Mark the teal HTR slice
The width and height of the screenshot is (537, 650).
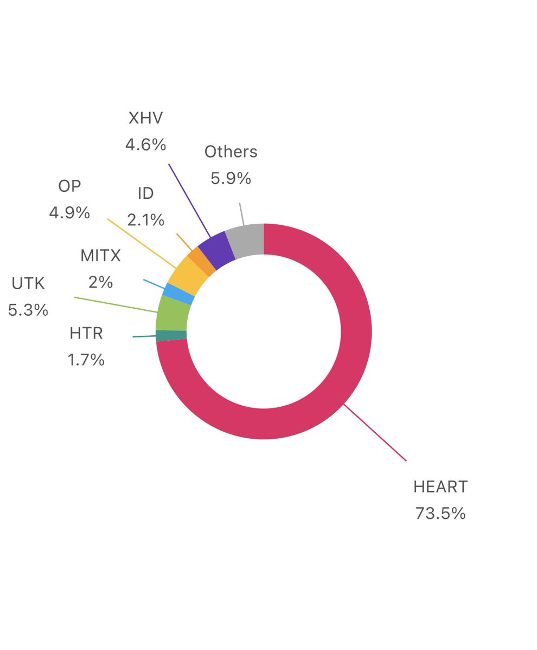[171, 336]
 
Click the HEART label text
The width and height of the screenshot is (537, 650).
[440, 486]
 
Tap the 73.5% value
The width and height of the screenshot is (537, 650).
[440, 513]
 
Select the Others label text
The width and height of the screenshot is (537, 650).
[231, 152]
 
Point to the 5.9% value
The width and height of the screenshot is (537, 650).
[231, 178]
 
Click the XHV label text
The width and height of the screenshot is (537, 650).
[145, 118]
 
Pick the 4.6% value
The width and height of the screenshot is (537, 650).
[145, 145]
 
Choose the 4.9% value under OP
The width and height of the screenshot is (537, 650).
[69, 212]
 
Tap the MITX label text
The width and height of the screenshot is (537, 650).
[100, 255]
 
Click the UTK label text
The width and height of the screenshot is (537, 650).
[28, 283]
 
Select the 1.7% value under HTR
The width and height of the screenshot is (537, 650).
[86, 359]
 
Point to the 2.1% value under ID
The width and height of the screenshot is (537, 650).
[145, 219]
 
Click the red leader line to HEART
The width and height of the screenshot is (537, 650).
[375, 432]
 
